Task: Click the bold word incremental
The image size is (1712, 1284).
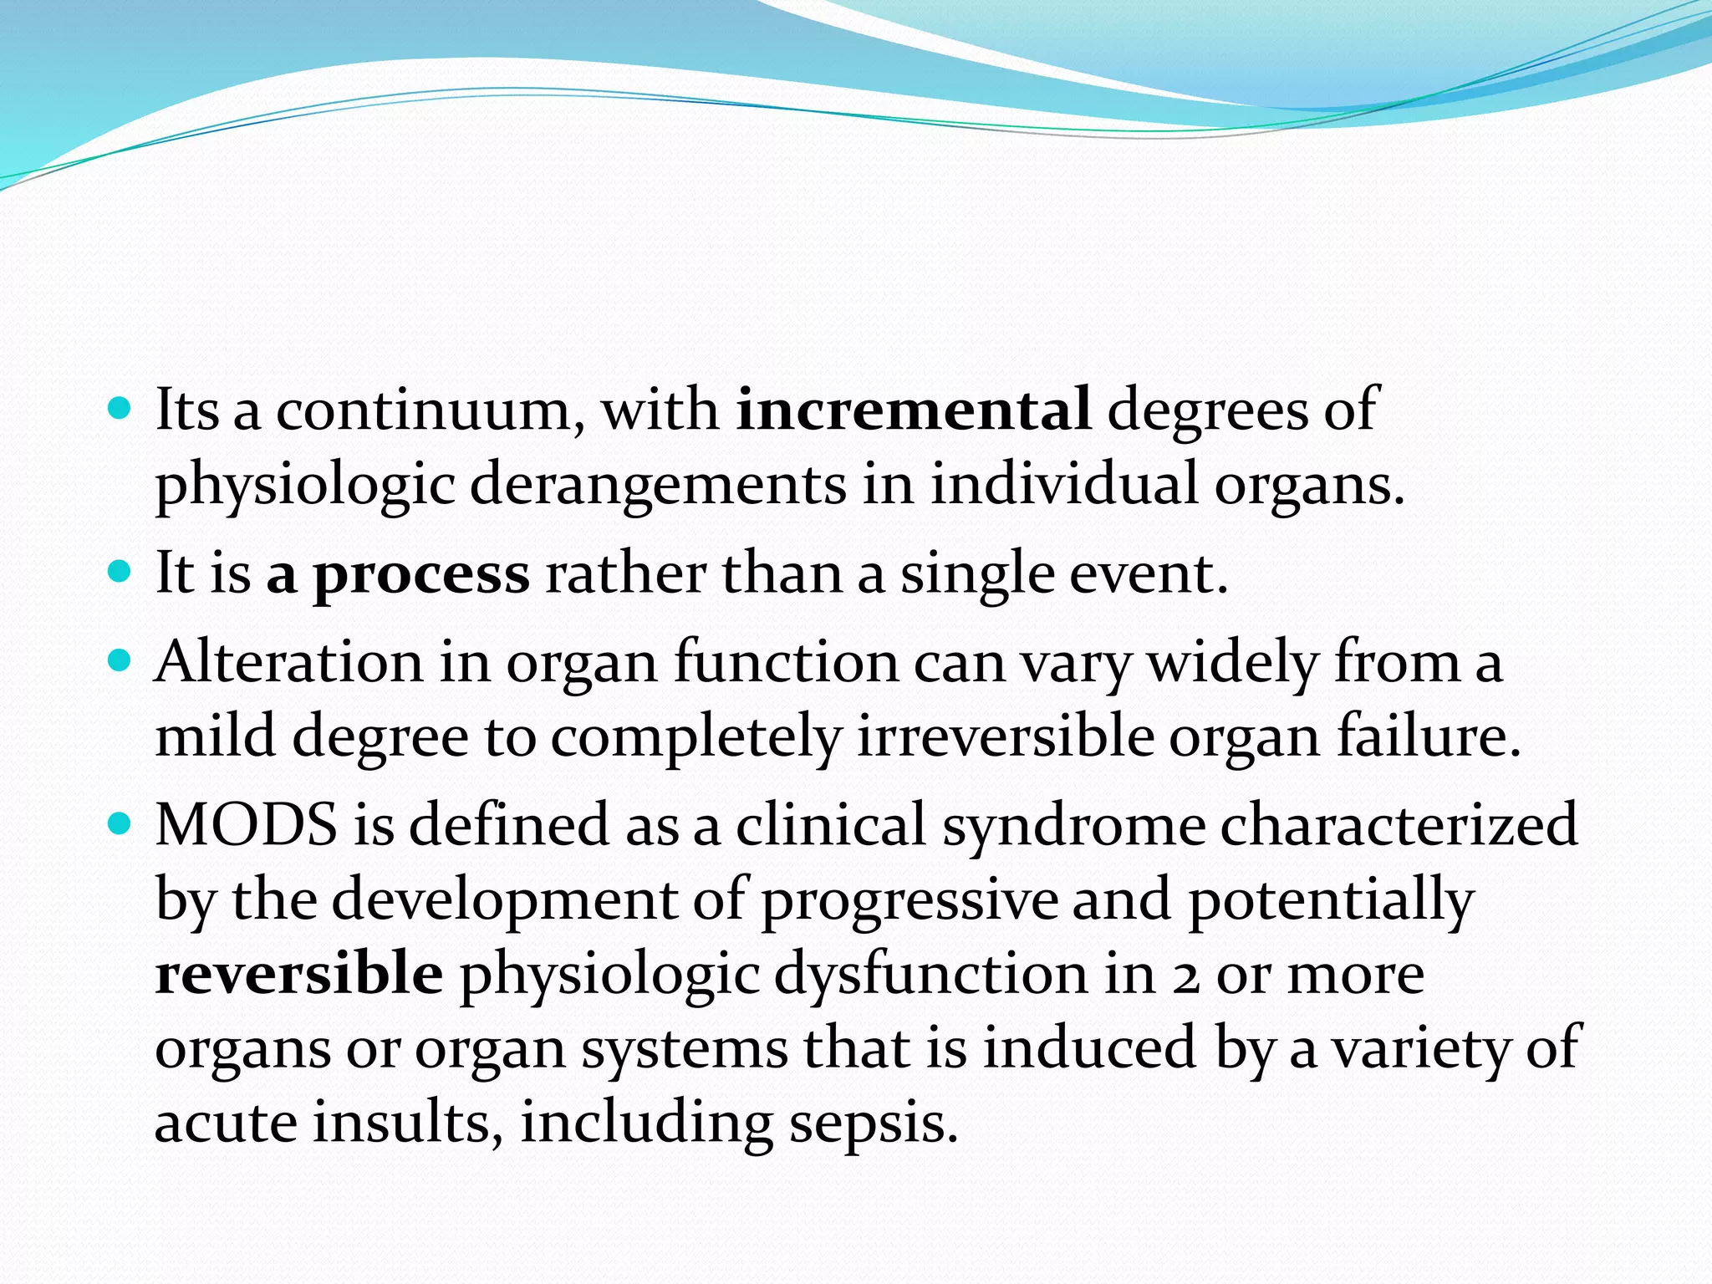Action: (x=914, y=410)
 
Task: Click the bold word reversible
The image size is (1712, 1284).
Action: (x=299, y=974)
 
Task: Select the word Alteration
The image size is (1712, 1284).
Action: (x=288, y=662)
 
